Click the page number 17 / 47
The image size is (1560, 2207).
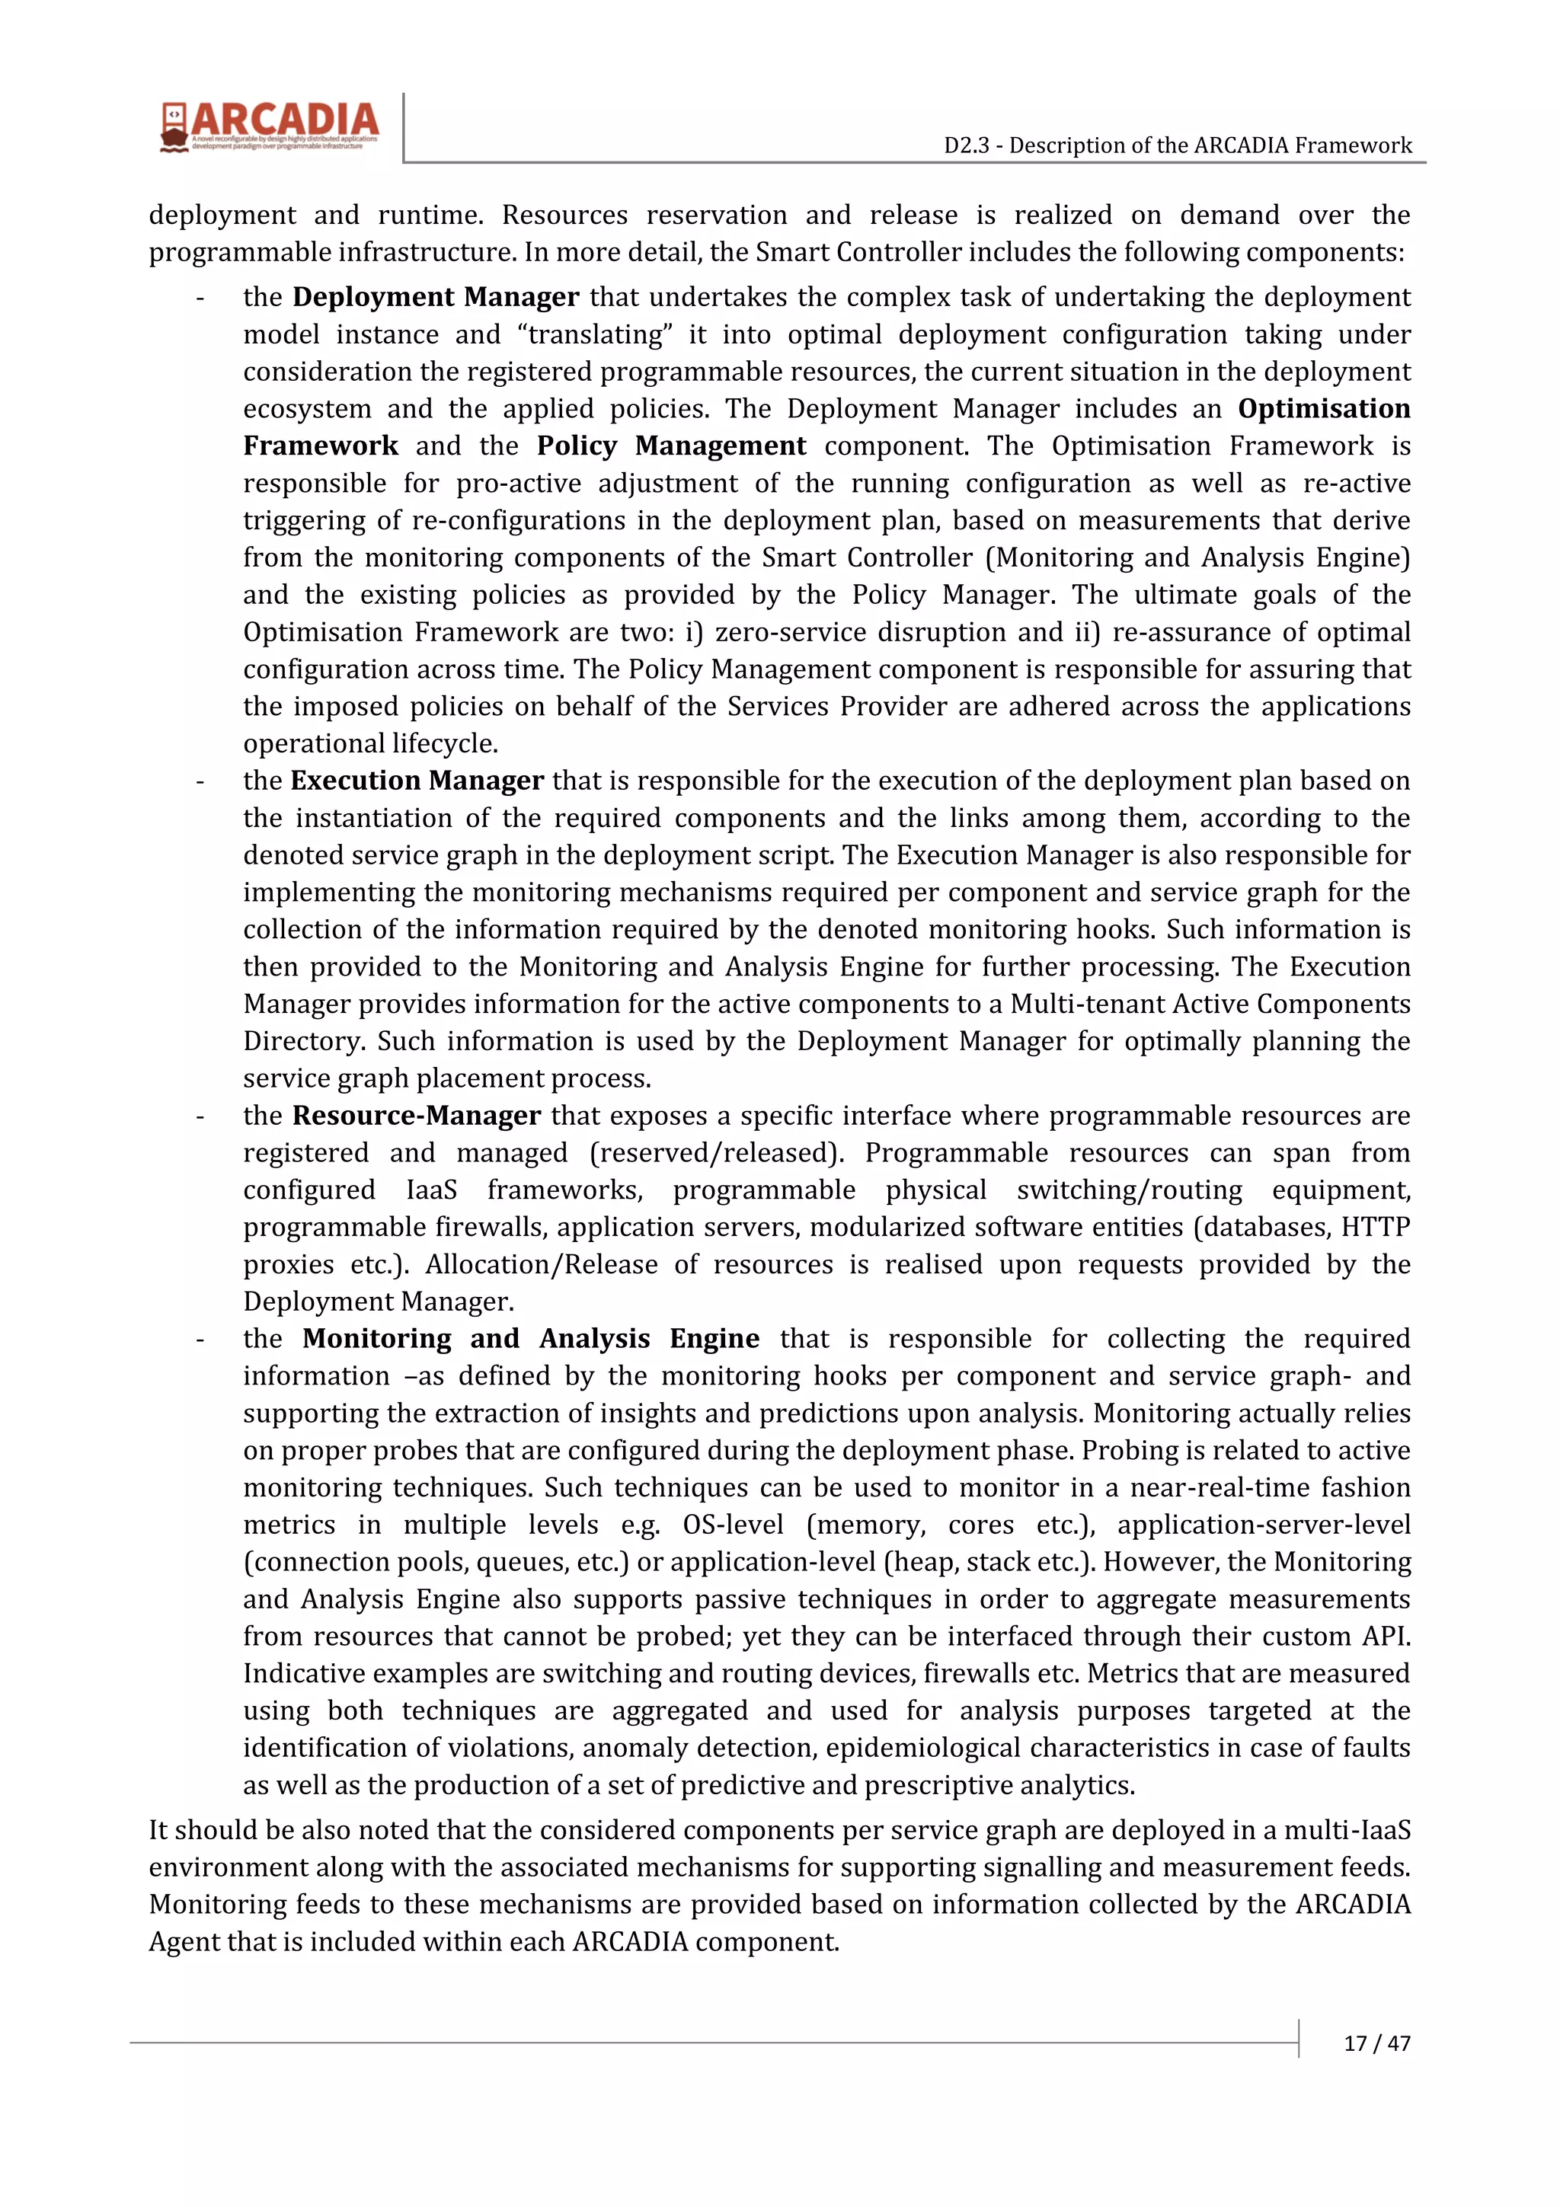coord(1376,2043)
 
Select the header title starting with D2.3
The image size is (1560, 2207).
coord(1178,145)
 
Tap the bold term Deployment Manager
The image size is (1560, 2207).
coord(436,297)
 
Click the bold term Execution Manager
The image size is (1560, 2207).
coord(417,781)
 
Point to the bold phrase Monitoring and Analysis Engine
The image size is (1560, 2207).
coord(531,1338)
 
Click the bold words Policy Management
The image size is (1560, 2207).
coord(671,446)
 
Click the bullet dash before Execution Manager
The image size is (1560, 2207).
coord(200,781)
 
